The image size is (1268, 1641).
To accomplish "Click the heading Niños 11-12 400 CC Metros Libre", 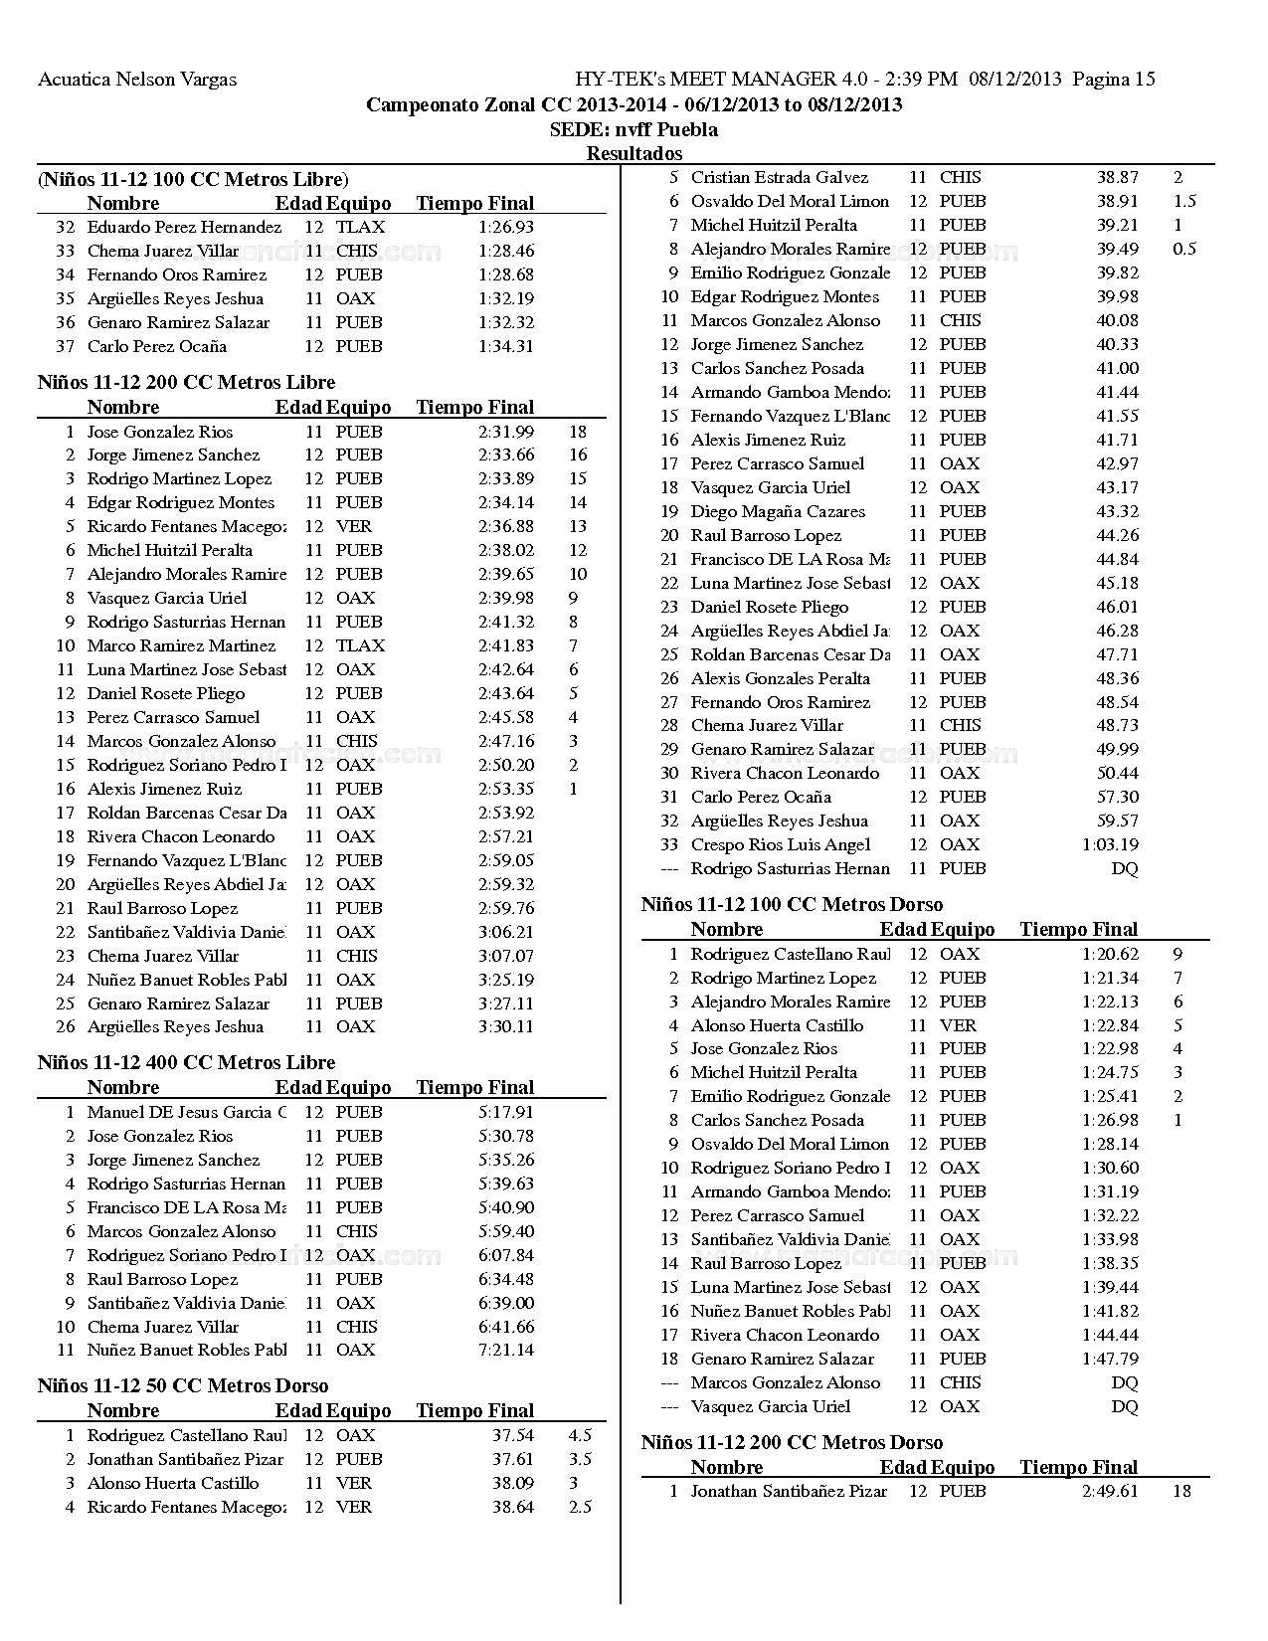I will [x=186, y=1062].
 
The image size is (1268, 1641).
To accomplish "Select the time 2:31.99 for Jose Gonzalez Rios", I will [x=505, y=432].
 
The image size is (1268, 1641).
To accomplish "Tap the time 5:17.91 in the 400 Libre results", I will [x=505, y=1112].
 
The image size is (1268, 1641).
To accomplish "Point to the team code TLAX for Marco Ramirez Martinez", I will [x=359, y=645].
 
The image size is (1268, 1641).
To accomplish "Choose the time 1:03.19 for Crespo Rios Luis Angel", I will [x=1110, y=844].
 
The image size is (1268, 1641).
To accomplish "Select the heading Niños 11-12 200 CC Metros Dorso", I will [x=792, y=1442].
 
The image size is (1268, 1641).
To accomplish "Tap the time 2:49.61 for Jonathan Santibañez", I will [x=1110, y=1491].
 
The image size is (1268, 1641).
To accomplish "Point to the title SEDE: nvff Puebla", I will [x=634, y=129].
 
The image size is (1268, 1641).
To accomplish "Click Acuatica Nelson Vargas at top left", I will [x=137, y=80].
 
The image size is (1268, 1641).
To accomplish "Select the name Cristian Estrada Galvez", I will [x=779, y=177].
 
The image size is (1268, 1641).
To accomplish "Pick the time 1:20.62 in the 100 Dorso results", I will [x=1110, y=954].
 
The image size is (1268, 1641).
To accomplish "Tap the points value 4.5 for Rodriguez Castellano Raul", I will [x=580, y=1435].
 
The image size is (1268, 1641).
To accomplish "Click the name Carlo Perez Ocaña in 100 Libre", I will [x=157, y=346].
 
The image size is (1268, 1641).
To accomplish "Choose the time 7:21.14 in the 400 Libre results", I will [x=505, y=1350].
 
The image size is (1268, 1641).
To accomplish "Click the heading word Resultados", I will [x=634, y=153].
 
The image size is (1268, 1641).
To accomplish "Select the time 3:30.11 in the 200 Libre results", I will [x=505, y=1026].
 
